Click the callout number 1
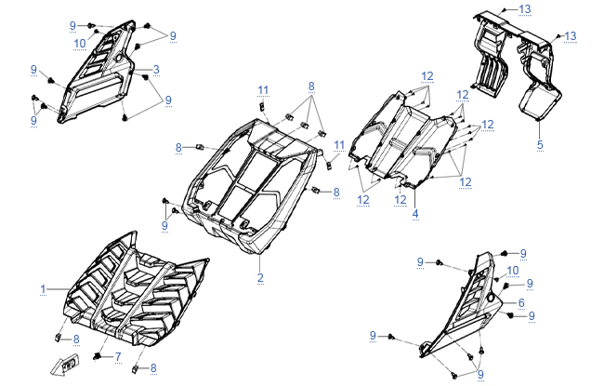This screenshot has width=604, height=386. pos(43,289)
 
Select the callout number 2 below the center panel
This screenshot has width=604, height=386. pos(261,278)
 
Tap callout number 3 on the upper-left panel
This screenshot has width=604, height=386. pos(156,70)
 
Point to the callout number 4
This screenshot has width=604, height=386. pos(415,214)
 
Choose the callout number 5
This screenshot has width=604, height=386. pos(540,145)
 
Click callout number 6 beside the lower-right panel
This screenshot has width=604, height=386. pos(521,303)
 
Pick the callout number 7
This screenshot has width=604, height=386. pos(118,356)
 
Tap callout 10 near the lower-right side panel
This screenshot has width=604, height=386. pos(512,270)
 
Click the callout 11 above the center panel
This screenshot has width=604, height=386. pos(263,89)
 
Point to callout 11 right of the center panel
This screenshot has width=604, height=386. pos(339,145)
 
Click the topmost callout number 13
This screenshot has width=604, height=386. pos(525,8)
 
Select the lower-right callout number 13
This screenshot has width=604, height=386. pos(570,35)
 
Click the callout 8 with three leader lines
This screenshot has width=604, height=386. pos(312,86)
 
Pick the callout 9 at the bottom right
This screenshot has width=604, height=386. pos(480,374)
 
